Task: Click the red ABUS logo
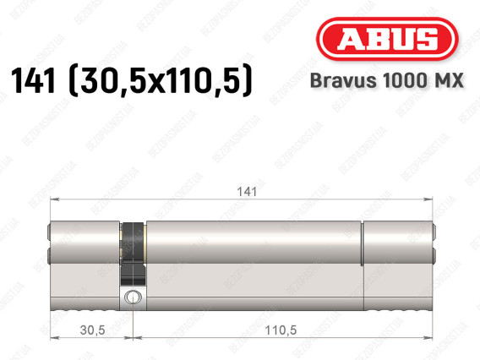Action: (387, 39)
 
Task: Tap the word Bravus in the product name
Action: (343, 80)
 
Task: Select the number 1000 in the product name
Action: (403, 80)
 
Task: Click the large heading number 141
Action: (34, 80)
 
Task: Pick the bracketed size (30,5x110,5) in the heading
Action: (161, 81)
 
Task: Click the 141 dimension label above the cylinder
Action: (247, 192)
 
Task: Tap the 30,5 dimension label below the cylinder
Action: (92, 330)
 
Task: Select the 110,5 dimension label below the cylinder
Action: (281, 330)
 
